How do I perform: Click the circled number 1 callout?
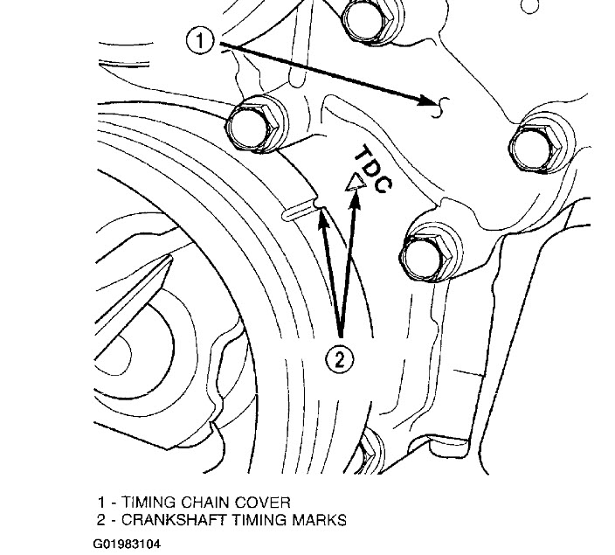tap(203, 40)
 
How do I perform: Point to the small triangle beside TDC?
tap(355, 183)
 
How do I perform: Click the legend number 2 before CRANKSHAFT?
tap(103, 520)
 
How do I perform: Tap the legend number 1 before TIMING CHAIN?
tap(103, 502)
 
